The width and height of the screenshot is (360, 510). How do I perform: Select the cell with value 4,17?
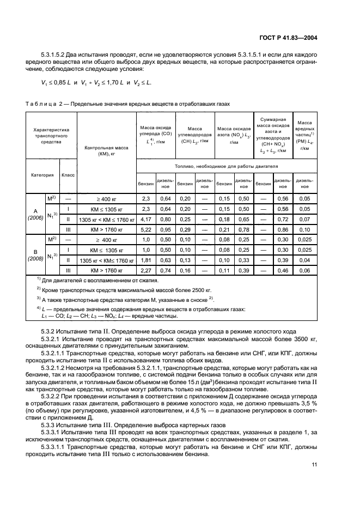point(146,219)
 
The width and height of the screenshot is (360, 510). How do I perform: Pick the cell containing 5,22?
point(146,229)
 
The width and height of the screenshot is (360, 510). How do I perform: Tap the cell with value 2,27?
point(146,270)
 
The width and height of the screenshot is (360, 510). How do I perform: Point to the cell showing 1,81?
point(146,259)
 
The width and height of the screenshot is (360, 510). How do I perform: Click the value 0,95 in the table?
point(165,229)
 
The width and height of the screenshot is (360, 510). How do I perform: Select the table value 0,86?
point(282,229)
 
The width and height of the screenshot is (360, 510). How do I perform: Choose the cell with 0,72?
point(282,219)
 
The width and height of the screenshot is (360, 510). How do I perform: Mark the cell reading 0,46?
point(282,270)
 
